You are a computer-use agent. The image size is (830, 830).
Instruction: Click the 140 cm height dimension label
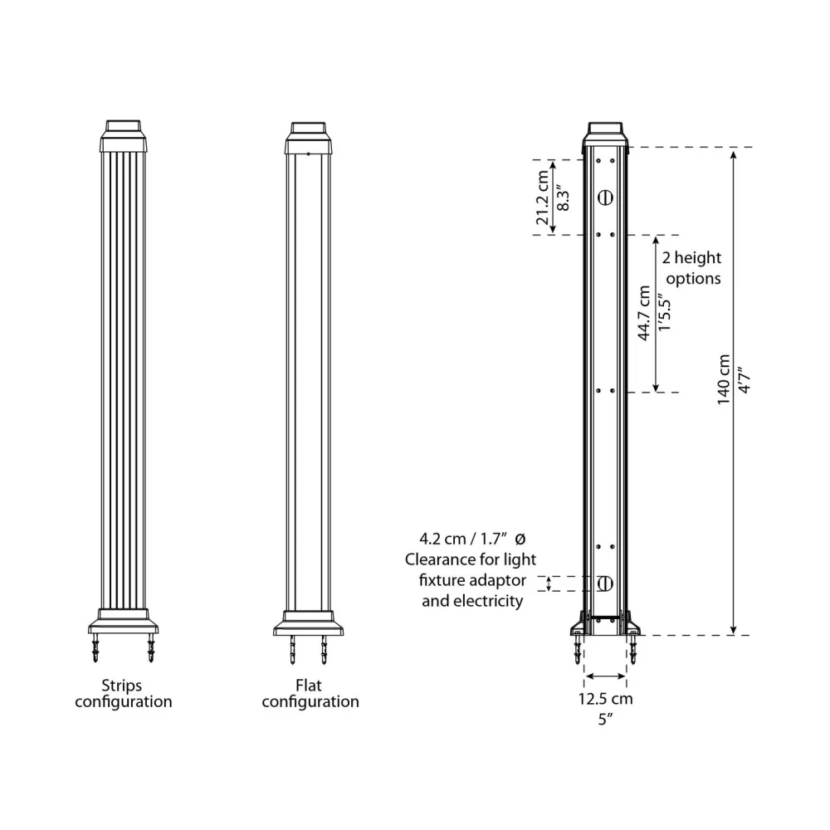[724, 379]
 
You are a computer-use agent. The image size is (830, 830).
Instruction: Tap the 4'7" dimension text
[745, 380]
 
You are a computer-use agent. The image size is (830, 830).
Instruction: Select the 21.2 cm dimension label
[543, 198]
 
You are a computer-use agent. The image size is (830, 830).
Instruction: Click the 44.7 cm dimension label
[644, 313]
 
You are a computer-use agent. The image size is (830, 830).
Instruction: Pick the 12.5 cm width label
[605, 699]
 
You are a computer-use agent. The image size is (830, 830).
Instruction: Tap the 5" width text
[605, 720]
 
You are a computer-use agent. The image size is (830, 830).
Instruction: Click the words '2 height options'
[692, 268]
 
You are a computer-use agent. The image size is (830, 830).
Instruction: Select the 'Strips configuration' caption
[124, 693]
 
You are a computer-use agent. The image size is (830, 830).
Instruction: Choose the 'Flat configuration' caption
[310, 693]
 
